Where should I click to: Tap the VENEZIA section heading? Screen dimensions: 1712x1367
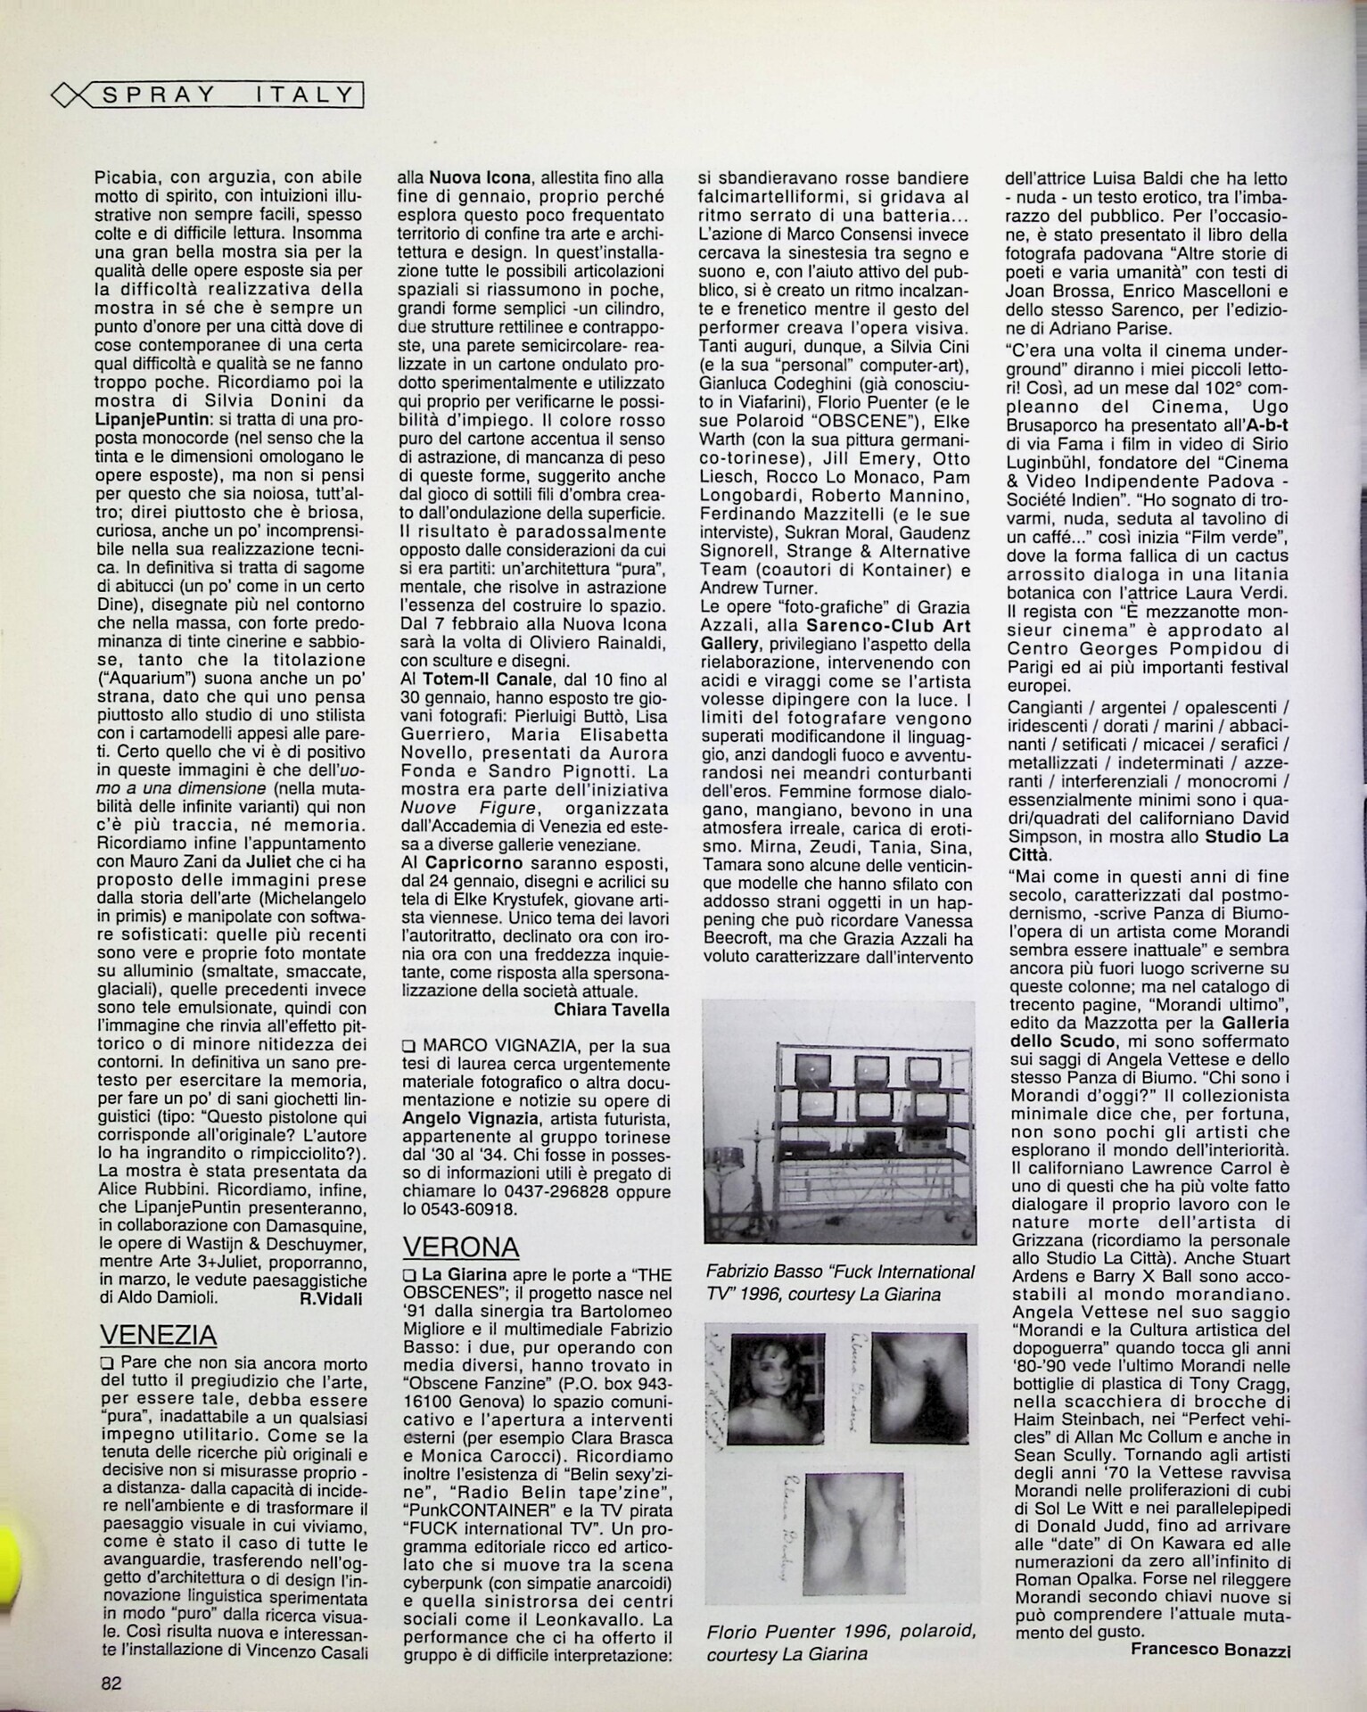coord(158,1335)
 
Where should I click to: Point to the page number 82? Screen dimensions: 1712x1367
coord(111,1683)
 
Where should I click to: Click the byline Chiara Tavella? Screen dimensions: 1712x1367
coord(611,1009)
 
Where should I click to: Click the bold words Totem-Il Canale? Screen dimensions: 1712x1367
coord(490,679)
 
